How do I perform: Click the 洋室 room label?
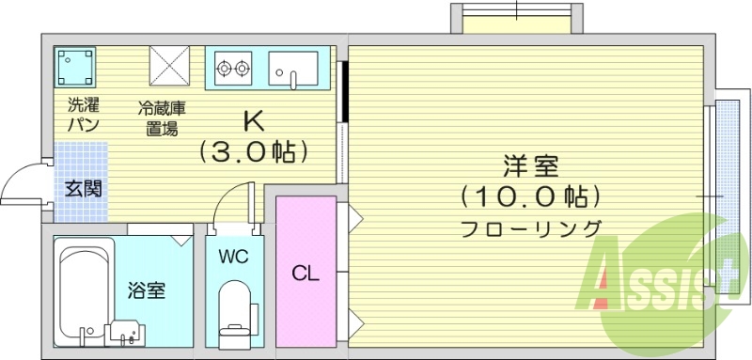click(x=532, y=167)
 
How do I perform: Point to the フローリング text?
click(x=531, y=228)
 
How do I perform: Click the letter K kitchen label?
click(x=253, y=121)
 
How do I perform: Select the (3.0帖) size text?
click(x=253, y=150)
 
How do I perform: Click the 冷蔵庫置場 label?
click(x=162, y=118)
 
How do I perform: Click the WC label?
click(x=233, y=257)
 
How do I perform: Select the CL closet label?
click(x=305, y=274)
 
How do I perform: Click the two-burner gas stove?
click(x=233, y=67)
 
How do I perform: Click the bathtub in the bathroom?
click(x=84, y=291)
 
